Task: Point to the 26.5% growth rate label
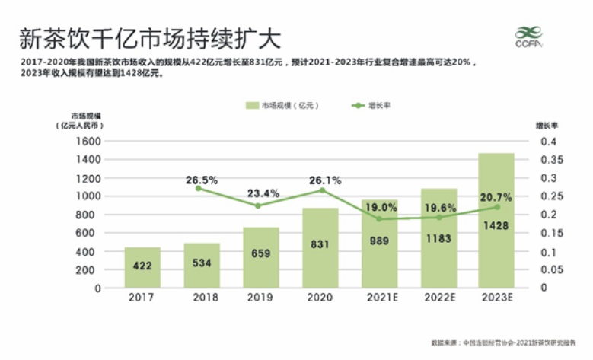coord(202,180)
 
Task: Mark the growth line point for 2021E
coord(378,219)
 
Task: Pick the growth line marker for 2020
coord(320,190)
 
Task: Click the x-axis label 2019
coord(260,300)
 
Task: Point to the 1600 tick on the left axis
coord(89,142)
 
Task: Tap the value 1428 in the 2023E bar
coord(496,226)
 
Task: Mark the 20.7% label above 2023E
coord(496,197)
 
